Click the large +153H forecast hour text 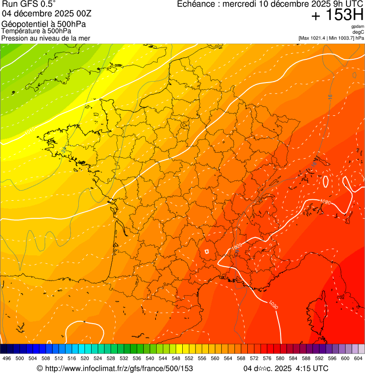point(337,16)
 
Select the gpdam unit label point(357,27)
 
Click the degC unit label point(359,32)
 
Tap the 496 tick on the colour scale point(7,358)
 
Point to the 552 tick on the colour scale point(188,358)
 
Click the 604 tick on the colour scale point(358,358)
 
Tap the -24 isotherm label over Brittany point(64,149)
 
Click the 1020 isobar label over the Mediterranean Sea point(273,304)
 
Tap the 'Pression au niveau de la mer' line point(46,38)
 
